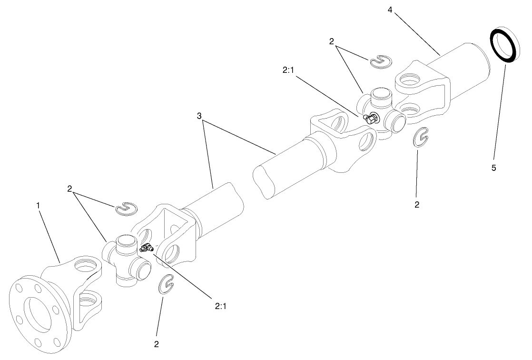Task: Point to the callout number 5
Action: pyautogui.click(x=493, y=168)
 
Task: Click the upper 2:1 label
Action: pyautogui.click(x=289, y=70)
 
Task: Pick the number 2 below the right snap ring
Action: pyautogui.click(x=417, y=205)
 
